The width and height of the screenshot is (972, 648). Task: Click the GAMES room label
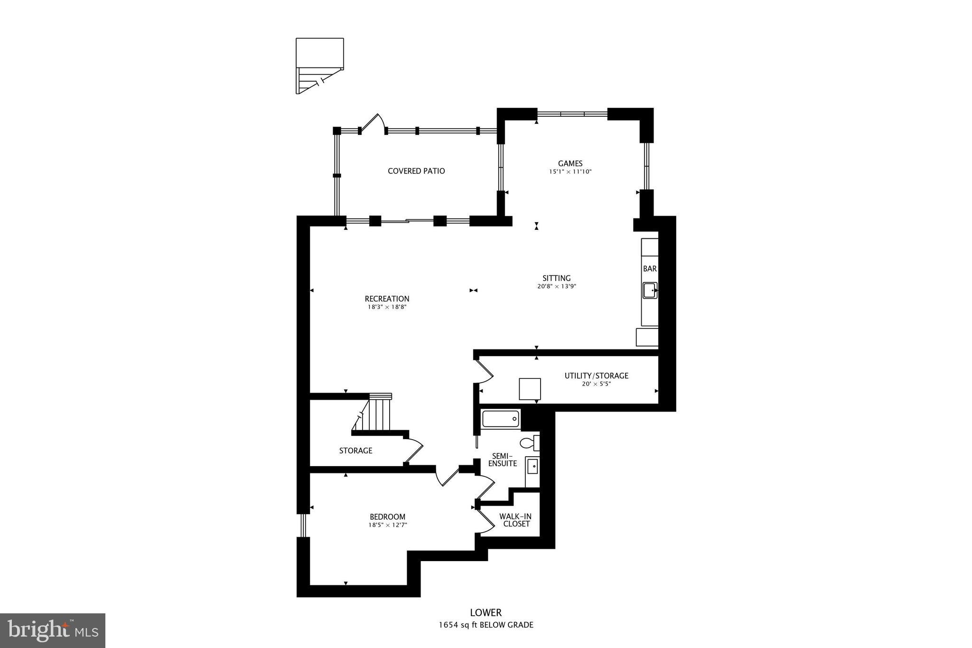(x=570, y=163)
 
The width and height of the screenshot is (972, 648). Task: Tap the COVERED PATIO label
(x=416, y=171)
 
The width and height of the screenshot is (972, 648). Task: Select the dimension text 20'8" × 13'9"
(x=556, y=287)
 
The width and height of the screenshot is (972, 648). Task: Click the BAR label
(x=650, y=269)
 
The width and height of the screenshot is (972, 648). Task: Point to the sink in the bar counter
(x=650, y=290)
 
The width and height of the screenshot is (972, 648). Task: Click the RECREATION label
(x=387, y=299)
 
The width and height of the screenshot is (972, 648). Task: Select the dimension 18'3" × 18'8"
(x=387, y=307)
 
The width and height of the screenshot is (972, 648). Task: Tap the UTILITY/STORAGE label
(x=596, y=376)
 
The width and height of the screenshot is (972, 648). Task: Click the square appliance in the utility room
(x=529, y=389)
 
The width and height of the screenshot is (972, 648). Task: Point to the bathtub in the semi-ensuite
(x=501, y=419)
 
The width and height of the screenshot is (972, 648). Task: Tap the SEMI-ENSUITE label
(x=502, y=460)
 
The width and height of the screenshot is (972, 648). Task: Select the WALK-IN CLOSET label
(x=515, y=520)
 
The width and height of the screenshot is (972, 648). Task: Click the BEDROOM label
(x=387, y=517)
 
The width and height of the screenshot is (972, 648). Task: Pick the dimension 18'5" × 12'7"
(x=387, y=525)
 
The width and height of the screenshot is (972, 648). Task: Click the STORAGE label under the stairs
(x=355, y=451)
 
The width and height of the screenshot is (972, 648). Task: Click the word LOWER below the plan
(x=486, y=613)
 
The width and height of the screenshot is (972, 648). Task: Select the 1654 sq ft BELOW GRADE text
(x=486, y=625)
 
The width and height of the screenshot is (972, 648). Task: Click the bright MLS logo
(x=53, y=630)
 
